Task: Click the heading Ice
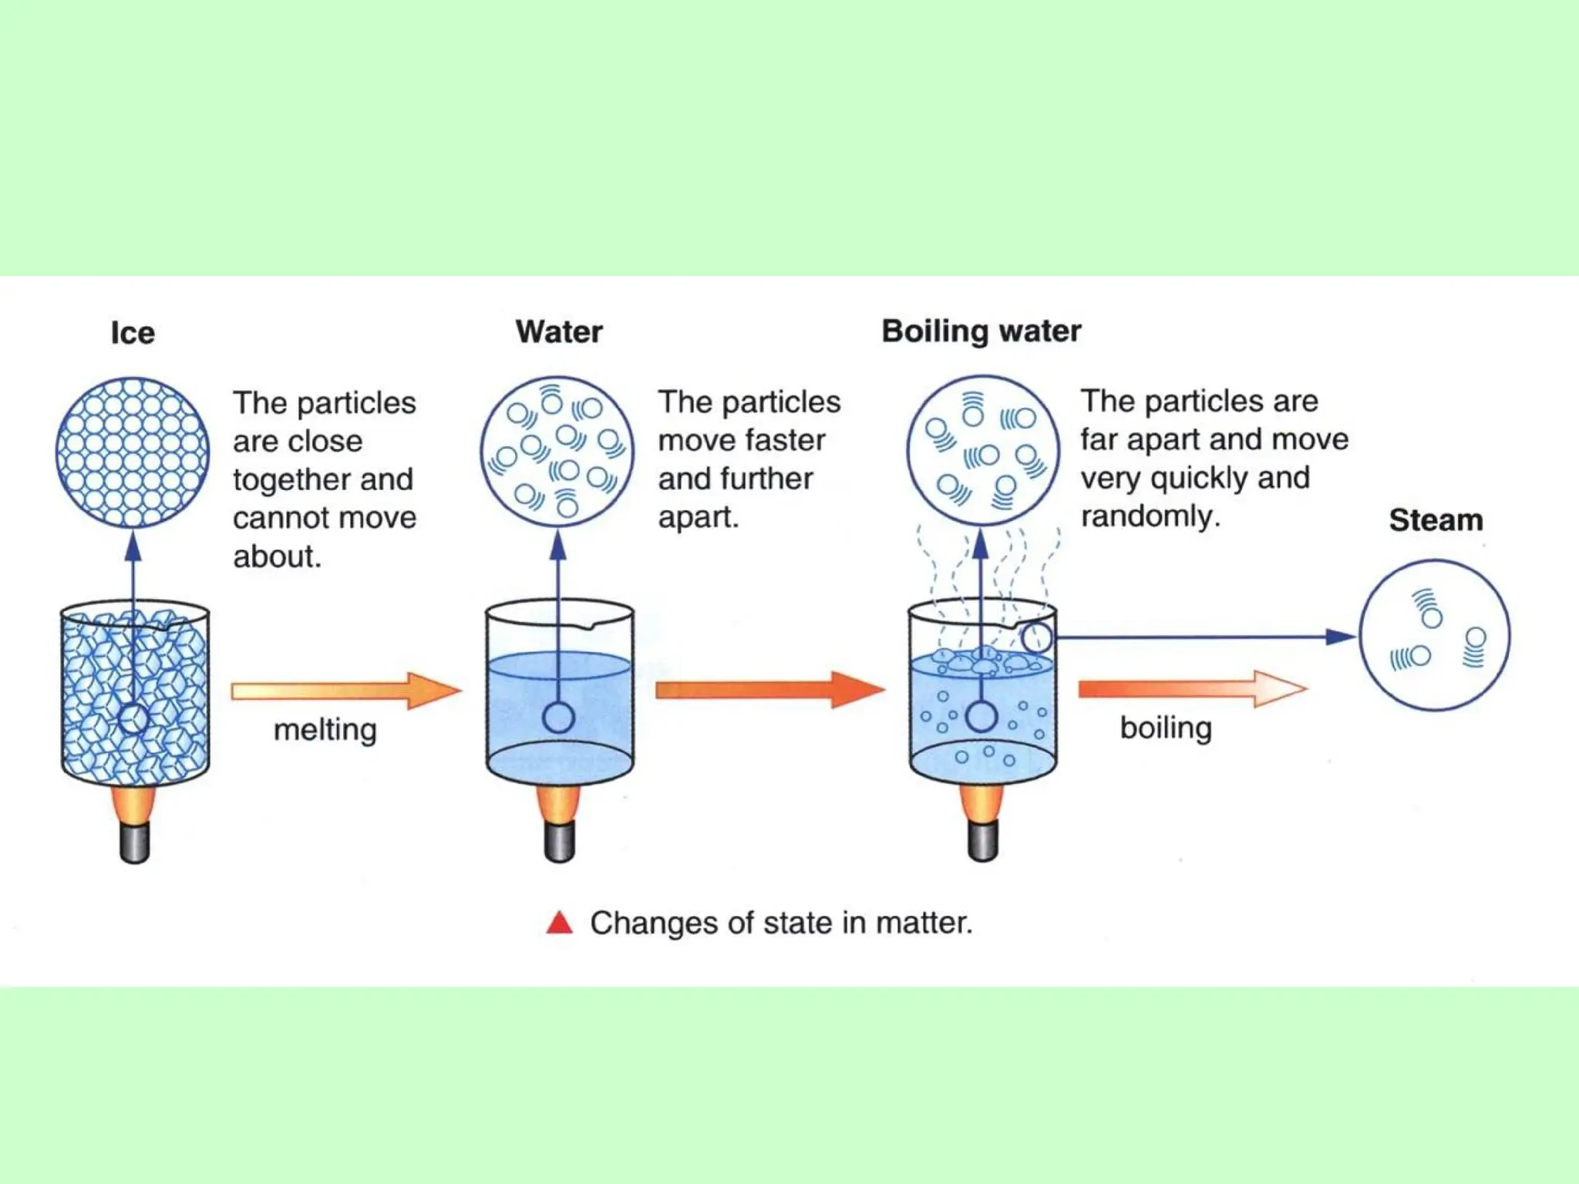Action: click(133, 333)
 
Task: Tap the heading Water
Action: click(559, 332)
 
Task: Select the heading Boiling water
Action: click(981, 331)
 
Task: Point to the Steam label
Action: click(1436, 520)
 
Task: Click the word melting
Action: click(325, 729)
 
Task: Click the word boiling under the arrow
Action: click(1166, 728)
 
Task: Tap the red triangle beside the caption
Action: click(559, 923)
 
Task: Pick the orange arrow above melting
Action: click(345, 691)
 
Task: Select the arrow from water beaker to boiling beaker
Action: click(769, 689)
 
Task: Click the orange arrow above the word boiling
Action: click(1191, 688)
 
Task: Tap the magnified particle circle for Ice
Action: click(133, 452)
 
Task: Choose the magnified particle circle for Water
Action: click(557, 452)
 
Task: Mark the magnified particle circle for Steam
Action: click(1434, 635)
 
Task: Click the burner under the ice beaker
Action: click(134, 825)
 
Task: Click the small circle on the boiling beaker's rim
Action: click(1036, 637)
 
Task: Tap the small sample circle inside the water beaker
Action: click(558, 718)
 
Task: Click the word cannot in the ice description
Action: click(281, 518)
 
